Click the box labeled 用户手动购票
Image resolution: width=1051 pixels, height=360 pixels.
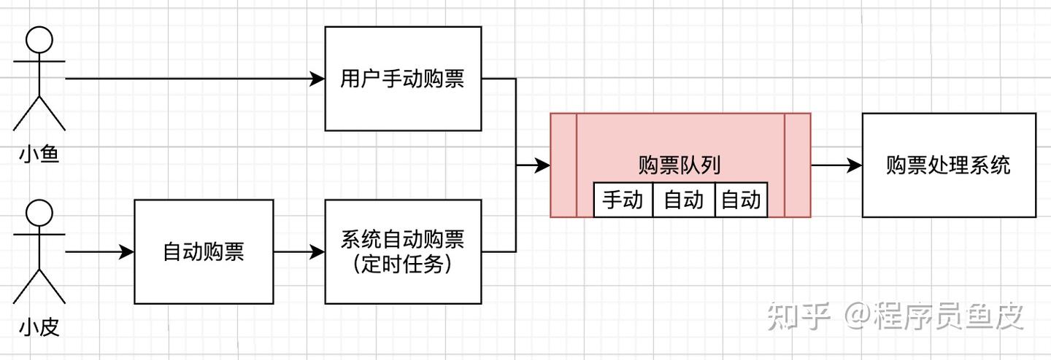tap(402, 79)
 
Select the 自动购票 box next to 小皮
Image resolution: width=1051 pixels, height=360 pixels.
tap(204, 251)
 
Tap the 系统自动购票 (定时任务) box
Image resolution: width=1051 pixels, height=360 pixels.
tap(402, 251)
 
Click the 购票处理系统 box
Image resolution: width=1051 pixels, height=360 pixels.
tap(948, 165)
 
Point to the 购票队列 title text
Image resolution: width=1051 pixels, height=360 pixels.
tap(680, 165)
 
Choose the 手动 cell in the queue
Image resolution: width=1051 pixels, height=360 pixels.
tap(623, 199)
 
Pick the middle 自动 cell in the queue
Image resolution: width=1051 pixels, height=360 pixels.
tap(683, 199)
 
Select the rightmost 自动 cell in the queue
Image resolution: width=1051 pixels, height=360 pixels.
tap(741, 199)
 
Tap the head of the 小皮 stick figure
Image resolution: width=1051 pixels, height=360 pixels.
tap(39, 214)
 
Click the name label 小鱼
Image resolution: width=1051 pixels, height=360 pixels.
tap(39, 154)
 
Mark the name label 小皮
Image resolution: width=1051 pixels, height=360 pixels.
tap(39, 328)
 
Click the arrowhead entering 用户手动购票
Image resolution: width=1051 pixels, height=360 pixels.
tap(317, 79)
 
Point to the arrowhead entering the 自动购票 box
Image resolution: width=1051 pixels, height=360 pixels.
tap(127, 252)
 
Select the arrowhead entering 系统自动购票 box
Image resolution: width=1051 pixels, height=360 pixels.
tap(317, 252)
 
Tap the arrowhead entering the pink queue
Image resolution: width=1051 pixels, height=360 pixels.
tap(542, 165)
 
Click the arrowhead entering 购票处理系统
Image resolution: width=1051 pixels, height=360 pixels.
tap(855, 165)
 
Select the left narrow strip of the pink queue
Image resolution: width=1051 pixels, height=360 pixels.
tap(563, 165)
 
